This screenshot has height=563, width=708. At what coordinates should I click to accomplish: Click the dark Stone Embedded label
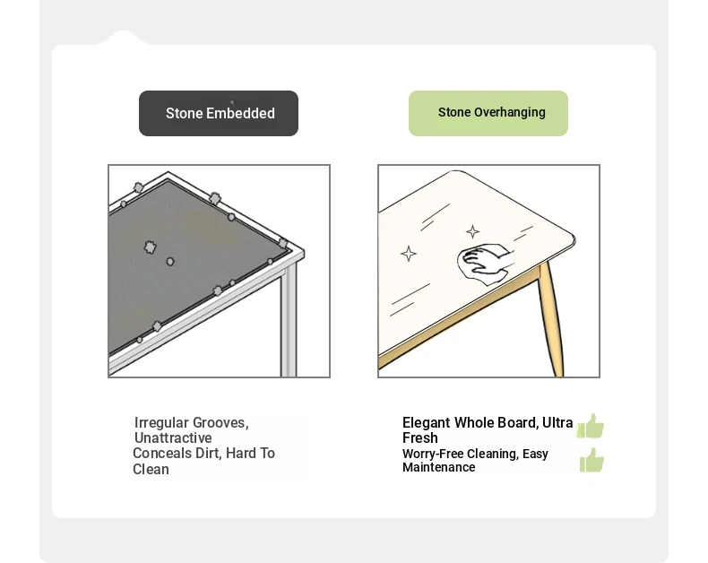(219, 114)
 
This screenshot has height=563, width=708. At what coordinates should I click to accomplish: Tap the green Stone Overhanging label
(488, 114)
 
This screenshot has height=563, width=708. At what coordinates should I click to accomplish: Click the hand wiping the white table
(485, 264)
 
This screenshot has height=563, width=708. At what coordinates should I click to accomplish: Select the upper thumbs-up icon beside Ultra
(591, 426)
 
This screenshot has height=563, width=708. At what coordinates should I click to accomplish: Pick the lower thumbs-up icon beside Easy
(592, 460)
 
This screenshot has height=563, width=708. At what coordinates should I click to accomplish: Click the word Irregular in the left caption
(161, 422)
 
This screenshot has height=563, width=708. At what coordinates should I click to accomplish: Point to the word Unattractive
(173, 437)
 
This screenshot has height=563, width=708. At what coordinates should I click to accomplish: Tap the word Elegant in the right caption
(426, 423)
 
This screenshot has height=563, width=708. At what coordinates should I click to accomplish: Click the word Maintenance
(438, 467)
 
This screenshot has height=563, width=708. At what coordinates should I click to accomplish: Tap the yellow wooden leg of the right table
(551, 318)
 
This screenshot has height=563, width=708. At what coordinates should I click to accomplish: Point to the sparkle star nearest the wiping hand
(473, 232)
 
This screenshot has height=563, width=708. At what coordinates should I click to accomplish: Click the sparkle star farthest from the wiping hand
(409, 254)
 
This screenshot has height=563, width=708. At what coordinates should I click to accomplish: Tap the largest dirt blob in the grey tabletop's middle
(150, 247)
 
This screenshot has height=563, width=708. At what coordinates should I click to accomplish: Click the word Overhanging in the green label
(510, 112)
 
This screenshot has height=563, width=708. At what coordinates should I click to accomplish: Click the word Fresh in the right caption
(420, 437)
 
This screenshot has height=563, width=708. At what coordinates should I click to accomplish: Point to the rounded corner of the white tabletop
(573, 238)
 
